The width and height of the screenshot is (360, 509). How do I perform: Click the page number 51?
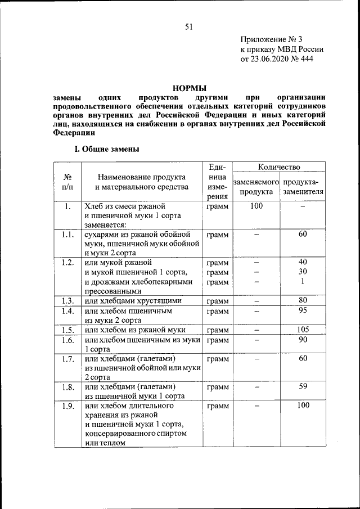coord(188,26)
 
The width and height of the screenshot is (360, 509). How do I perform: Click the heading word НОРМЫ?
coord(189,88)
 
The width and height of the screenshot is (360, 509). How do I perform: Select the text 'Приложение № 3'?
coord(271,39)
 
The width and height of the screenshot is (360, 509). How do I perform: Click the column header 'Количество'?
coord(279,167)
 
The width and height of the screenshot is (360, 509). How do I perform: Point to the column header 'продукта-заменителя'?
coord(304,187)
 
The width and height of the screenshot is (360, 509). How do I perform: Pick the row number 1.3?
coord(68,301)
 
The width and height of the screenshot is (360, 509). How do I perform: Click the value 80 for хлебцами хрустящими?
coord(303,300)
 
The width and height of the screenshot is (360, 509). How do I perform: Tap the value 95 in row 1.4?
coord(303,310)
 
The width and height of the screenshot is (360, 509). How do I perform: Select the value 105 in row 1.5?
coord(303,330)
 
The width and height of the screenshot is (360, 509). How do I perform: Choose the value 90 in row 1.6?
coord(303,340)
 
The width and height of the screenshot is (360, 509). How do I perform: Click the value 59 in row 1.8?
coord(303,386)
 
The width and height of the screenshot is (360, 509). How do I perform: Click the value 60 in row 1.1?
coord(303,234)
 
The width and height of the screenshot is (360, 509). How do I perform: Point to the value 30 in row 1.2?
coord(303,272)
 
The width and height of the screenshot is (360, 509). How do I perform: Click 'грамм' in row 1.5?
coord(218,330)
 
